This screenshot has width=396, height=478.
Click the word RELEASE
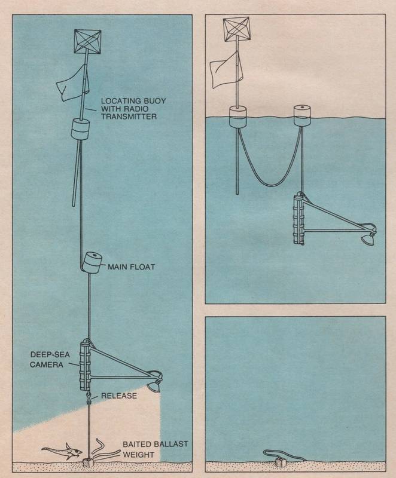click(119, 396)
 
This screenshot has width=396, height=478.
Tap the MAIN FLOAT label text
click(132, 267)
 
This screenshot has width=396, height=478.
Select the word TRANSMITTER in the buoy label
click(129, 117)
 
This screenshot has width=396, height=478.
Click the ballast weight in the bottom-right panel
click(281, 462)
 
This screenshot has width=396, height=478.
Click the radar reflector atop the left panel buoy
click(87, 41)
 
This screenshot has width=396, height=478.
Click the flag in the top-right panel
click(227, 69)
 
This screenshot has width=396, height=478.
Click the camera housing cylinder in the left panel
click(84, 366)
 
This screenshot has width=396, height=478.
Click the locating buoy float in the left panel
click(80, 129)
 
